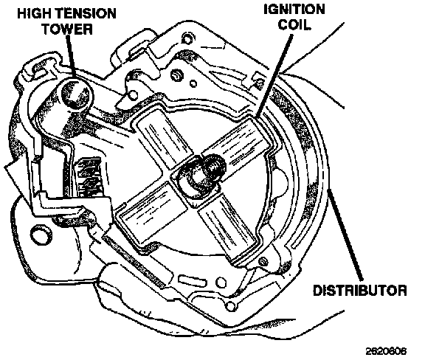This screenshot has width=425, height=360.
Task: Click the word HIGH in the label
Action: [x=31, y=14]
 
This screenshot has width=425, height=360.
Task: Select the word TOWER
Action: [x=67, y=29]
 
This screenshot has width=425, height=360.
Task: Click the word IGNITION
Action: [x=294, y=10]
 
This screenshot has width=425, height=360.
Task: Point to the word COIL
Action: [x=294, y=24]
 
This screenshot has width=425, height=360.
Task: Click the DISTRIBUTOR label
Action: [x=360, y=291]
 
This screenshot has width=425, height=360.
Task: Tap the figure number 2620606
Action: [x=386, y=351]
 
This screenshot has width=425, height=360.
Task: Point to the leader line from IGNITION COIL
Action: [x=274, y=76]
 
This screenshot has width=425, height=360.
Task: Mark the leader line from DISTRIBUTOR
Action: [x=345, y=235]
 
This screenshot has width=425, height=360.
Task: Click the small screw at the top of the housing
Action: [x=187, y=39]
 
